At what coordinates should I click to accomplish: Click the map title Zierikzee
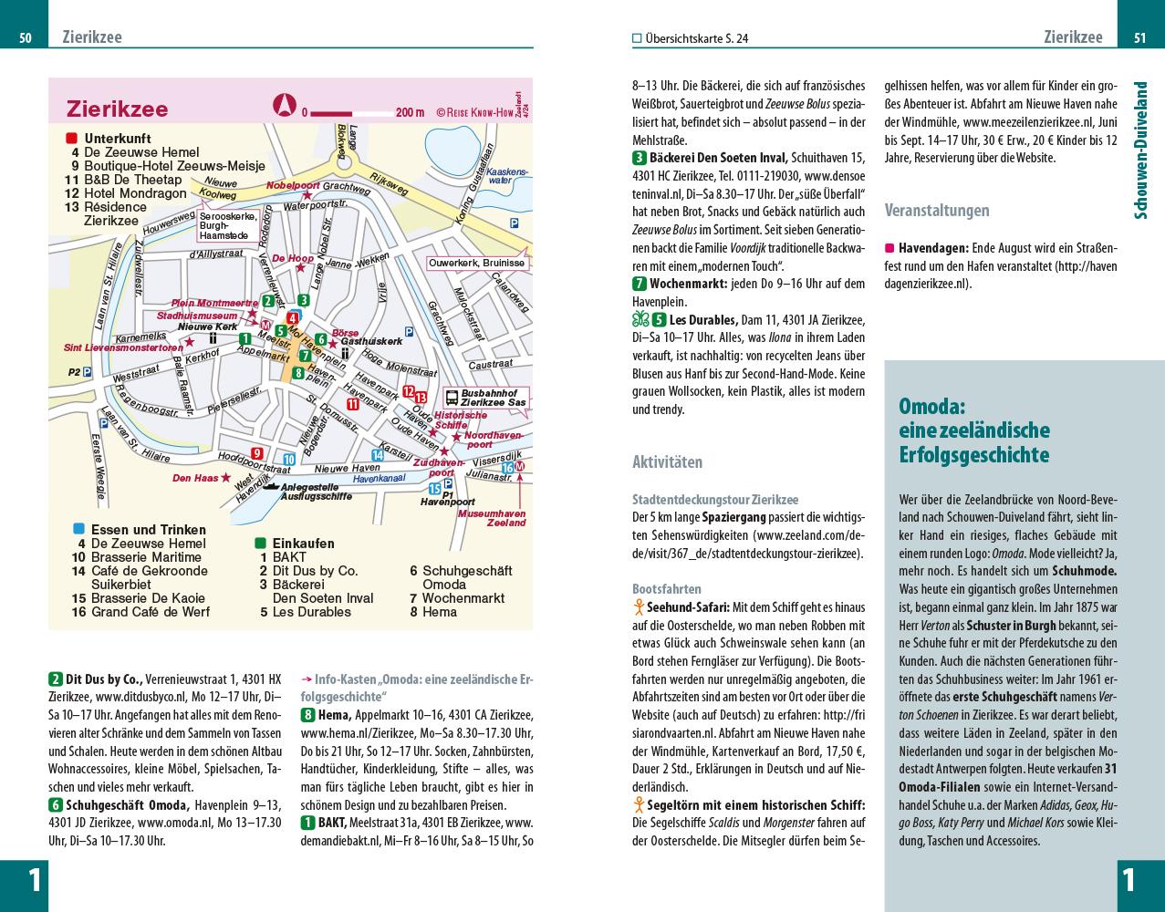point(118,109)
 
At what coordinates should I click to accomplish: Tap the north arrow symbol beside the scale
point(284,106)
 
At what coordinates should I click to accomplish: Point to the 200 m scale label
point(410,113)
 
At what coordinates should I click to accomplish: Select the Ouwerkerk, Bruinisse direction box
point(477,263)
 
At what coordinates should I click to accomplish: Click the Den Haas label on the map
point(194,477)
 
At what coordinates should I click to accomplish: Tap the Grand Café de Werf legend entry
point(151,612)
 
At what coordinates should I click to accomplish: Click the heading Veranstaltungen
point(937,211)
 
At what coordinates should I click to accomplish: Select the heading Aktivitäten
point(667,462)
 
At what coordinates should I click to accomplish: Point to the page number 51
point(1140,37)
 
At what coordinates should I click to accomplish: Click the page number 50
point(26,37)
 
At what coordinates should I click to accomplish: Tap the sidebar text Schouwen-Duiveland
point(1140,150)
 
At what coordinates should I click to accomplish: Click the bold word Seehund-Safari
point(688,606)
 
